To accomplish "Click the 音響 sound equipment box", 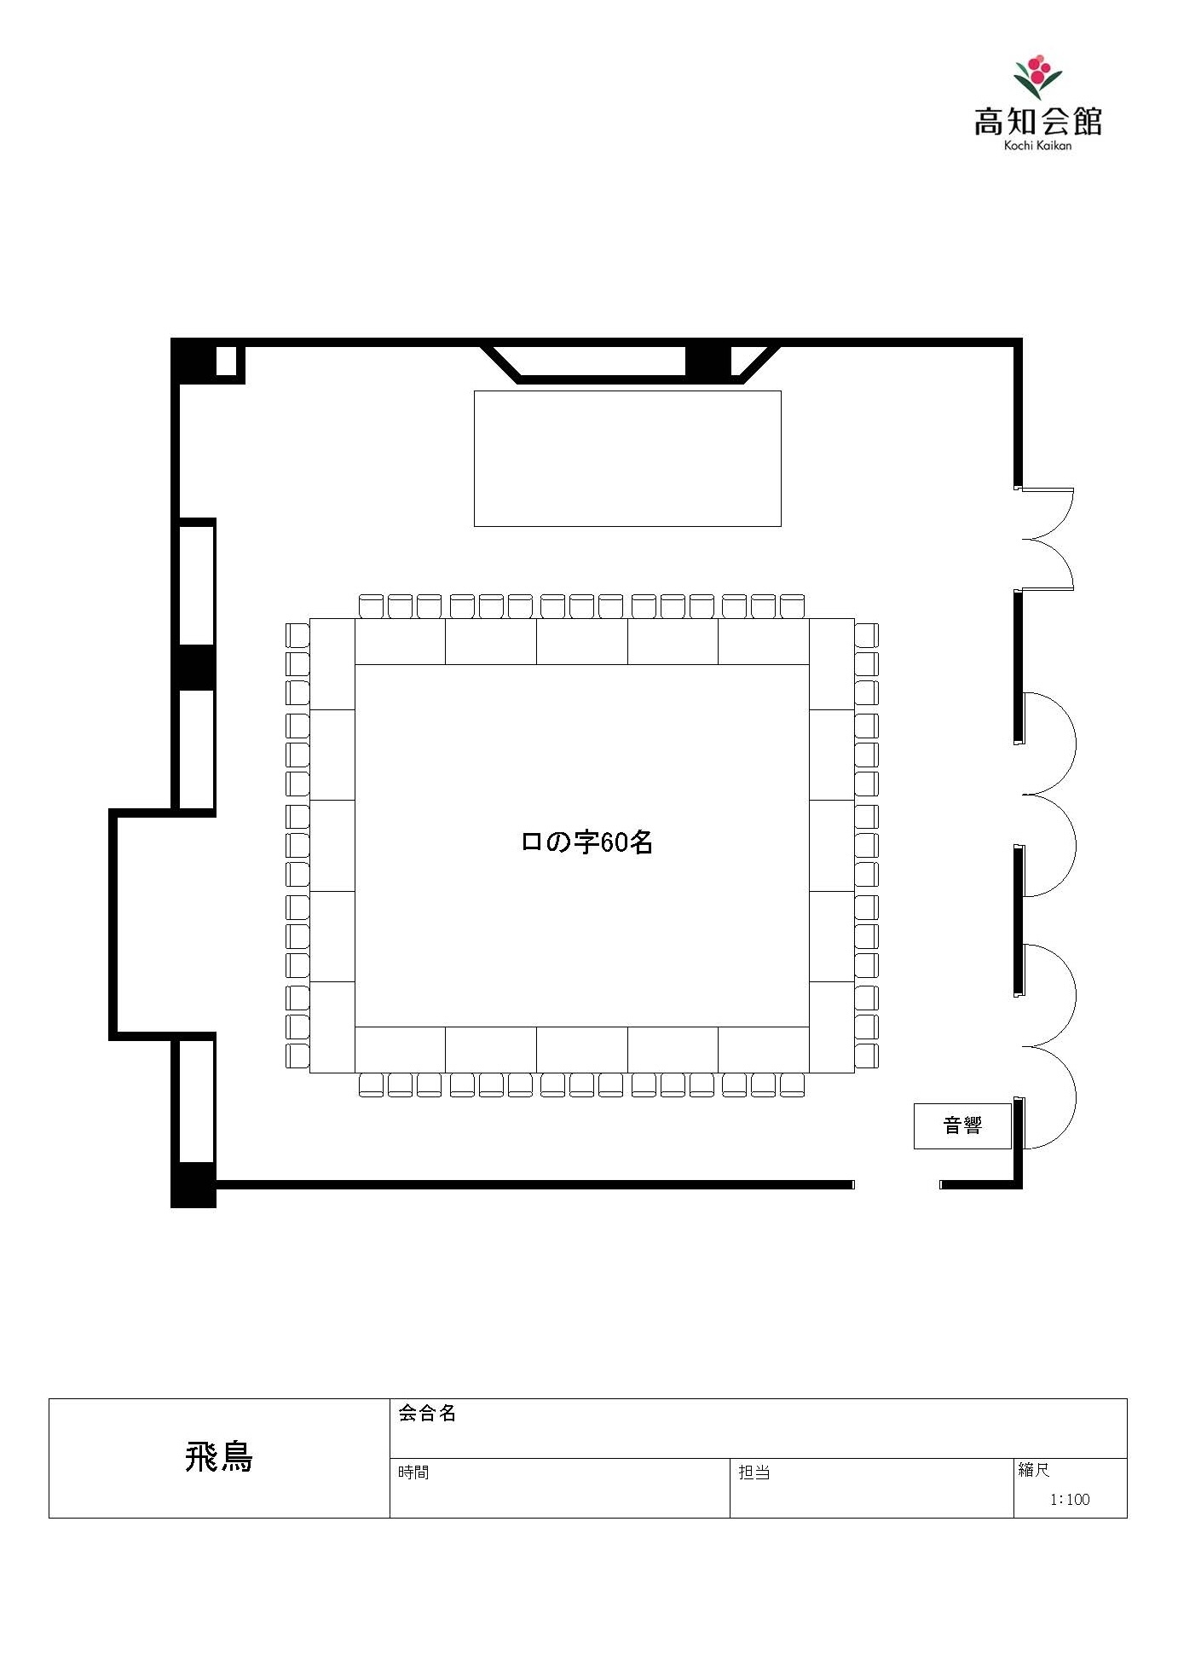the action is [962, 1125].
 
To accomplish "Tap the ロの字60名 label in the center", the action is [586, 842].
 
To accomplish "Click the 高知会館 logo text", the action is [1037, 121].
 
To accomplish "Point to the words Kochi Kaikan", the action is [1037, 145].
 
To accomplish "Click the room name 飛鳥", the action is [219, 1457].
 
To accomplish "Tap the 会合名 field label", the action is [427, 1413].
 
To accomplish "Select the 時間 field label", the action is [413, 1472].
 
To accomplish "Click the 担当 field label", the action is [754, 1472].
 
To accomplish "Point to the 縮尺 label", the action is [1034, 1469].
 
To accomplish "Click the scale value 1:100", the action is [1070, 1499].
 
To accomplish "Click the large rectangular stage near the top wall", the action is [627, 459].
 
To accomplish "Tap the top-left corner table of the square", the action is [332, 663].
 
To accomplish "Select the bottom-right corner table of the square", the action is [831, 1027].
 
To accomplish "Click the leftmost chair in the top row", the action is [372, 606].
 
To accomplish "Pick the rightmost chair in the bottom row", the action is [792, 1085].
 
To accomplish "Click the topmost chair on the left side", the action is [297, 635].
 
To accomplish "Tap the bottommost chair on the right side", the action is [866, 1056].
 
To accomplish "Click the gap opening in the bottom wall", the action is [897, 1184].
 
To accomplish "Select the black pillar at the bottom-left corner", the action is [193, 1185].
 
